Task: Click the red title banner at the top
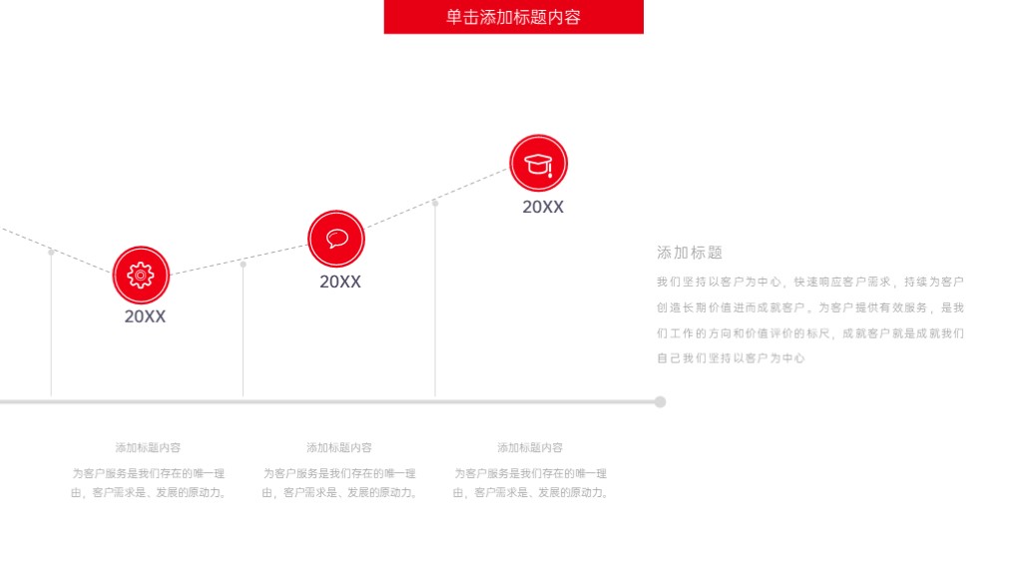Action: point(514,16)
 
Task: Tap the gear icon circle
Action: point(141,276)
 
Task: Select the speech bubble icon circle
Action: point(336,239)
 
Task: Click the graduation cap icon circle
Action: point(538,163)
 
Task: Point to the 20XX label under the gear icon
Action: point(145,316)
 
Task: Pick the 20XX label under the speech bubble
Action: point(340,282)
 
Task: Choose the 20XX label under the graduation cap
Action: point(543,207)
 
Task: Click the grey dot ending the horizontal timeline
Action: point(661,401)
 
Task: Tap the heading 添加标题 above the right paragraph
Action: point(690,253)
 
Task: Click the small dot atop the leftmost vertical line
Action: point(52,253)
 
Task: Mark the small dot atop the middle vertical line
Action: point(244,264)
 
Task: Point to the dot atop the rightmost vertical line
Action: point(435,204)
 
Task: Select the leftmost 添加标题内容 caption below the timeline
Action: point(148,448)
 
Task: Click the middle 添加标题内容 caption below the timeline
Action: point(339,448)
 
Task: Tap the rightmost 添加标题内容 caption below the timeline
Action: point(530,448)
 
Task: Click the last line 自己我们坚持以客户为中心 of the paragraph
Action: point(731,358)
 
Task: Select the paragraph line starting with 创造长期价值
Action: point(810,307)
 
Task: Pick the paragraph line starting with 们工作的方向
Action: point(810,333)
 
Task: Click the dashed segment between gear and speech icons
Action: point(239,261)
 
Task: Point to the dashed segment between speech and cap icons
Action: point(437,199)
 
